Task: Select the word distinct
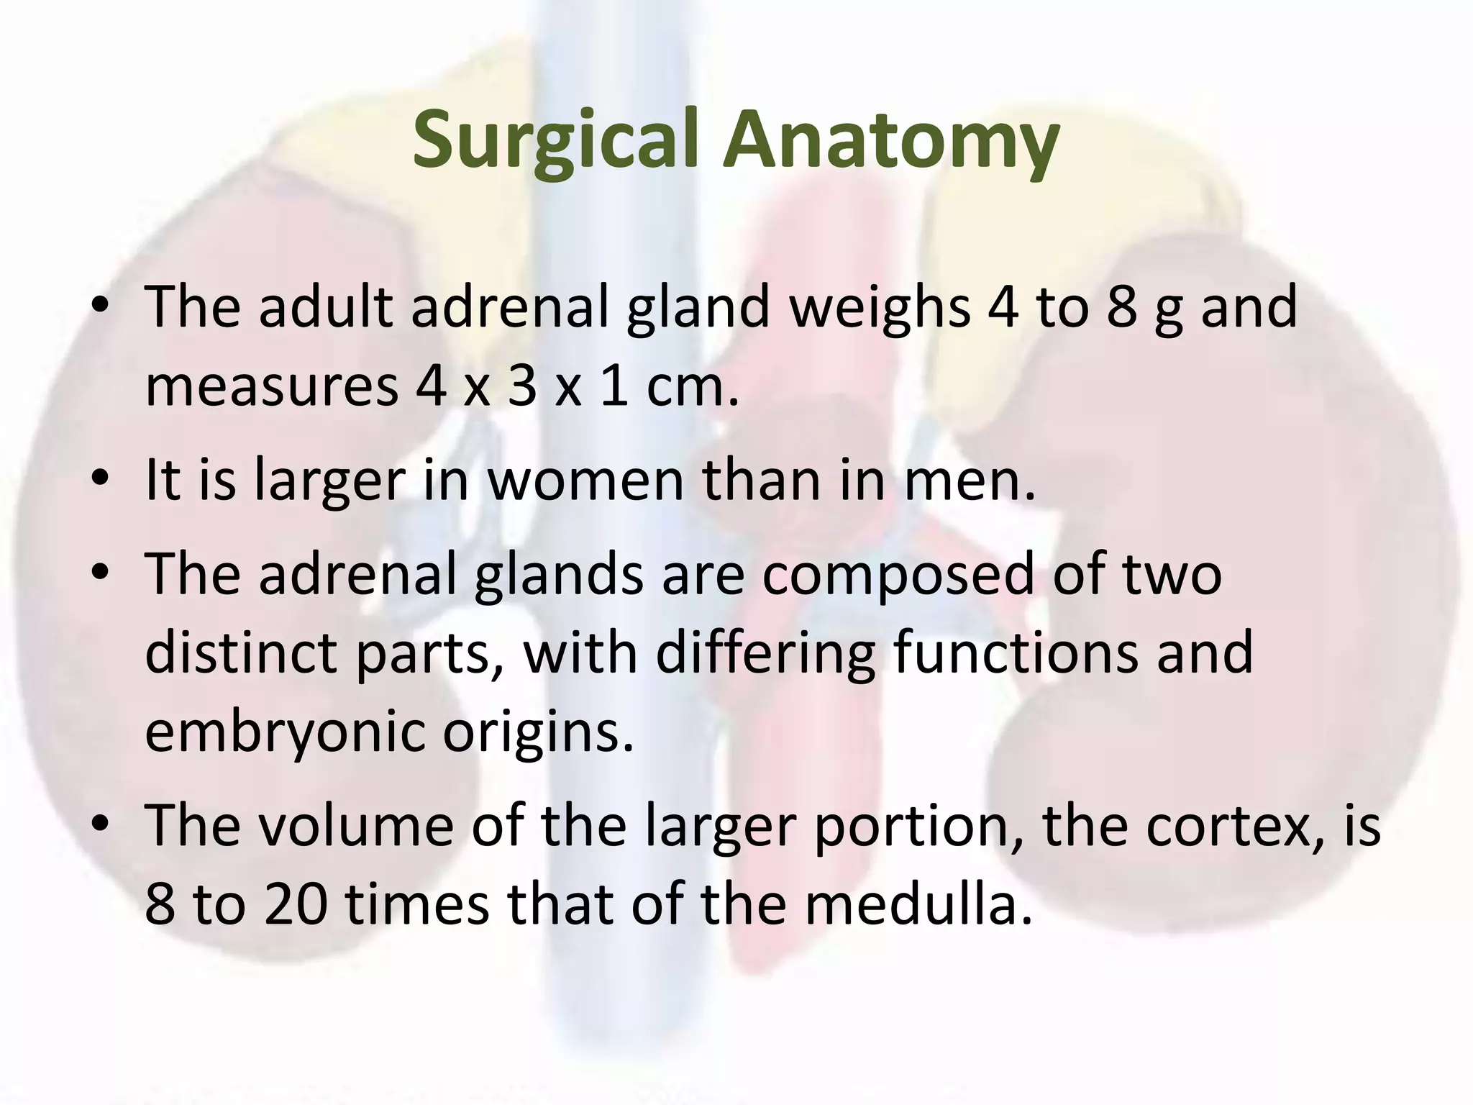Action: [x=241, y=652]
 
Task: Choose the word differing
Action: [x=765, y=652]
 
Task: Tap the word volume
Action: [x=356, y=825]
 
